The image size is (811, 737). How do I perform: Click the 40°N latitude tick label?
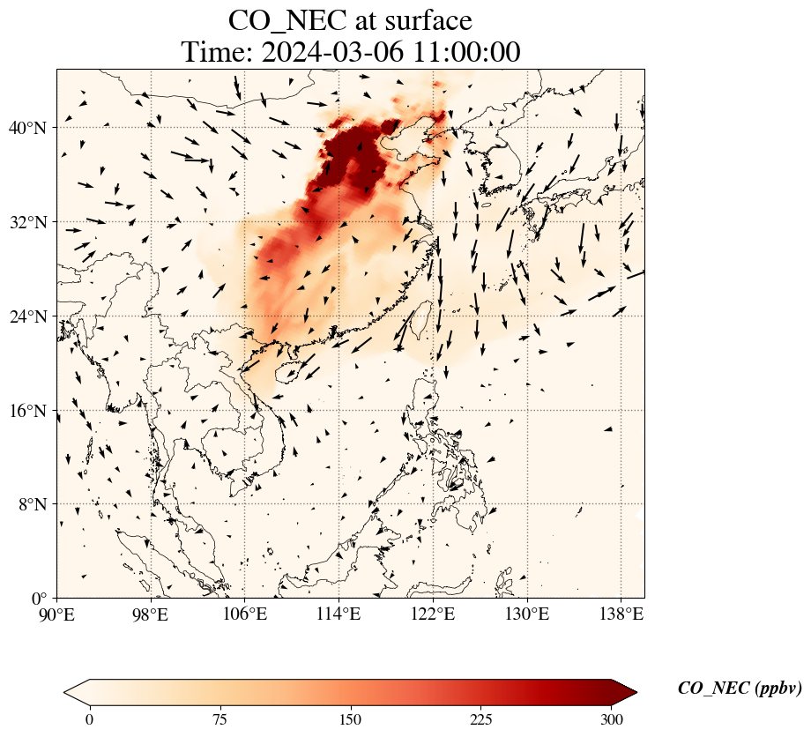pos(32,128)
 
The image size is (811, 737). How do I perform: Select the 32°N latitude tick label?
pos(32,222)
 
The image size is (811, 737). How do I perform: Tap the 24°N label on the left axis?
pos(32,316)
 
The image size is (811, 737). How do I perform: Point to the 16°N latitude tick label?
pos(32,411)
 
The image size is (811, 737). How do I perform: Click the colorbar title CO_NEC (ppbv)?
pos(740,689)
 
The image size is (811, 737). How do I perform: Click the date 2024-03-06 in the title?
pos(332,52)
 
